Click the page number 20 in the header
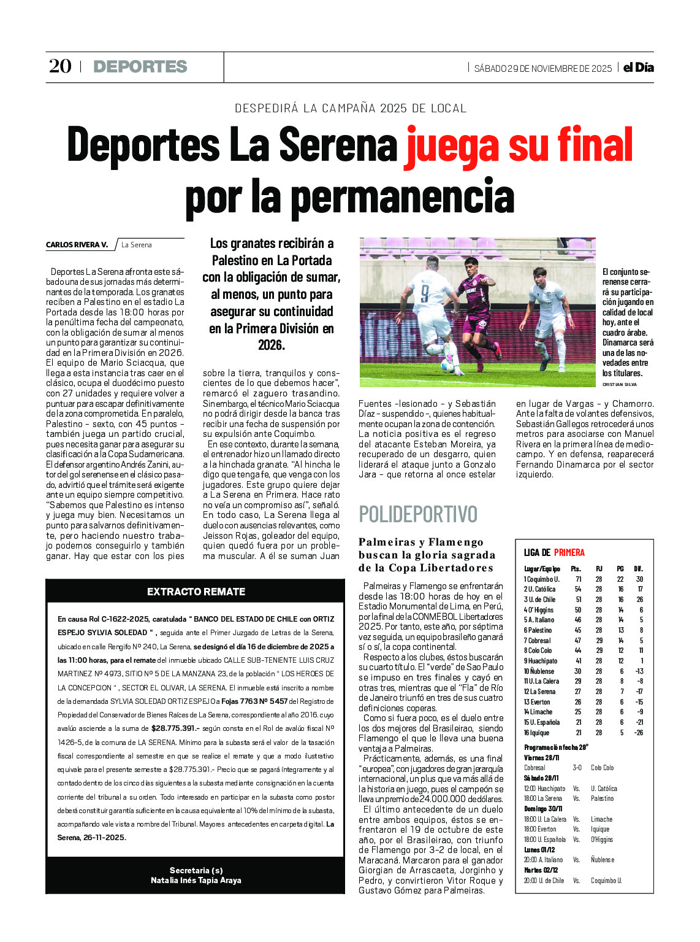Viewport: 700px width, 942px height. [x=60, y=66]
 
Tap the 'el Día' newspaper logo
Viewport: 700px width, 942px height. [x=638, y=68]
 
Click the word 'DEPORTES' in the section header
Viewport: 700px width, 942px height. [x=140, y=66]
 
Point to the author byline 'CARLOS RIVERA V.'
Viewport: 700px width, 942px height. [x=77, y=245]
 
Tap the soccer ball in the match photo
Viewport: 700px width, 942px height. [x=447, y=365]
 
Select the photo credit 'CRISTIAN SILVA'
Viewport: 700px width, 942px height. [x=619, y=384]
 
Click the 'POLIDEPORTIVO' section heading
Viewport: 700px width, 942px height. [x=417, y=514]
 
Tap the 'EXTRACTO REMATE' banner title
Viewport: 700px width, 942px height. [x=196, y=592]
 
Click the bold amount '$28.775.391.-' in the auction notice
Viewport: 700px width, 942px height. [x=175, y=728]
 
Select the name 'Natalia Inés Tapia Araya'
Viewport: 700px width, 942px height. [x=196, y=880]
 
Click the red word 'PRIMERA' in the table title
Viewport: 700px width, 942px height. [x=569, y=552]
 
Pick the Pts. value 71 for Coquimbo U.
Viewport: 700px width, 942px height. [x=578, y=579]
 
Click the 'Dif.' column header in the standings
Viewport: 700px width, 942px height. [x=638, y=569]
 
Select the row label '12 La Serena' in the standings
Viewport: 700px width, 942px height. [x=539, y=692]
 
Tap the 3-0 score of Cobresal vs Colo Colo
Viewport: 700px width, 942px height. [x=577, y=768]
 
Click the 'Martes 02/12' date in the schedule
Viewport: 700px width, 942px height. [x=541, y=870]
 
